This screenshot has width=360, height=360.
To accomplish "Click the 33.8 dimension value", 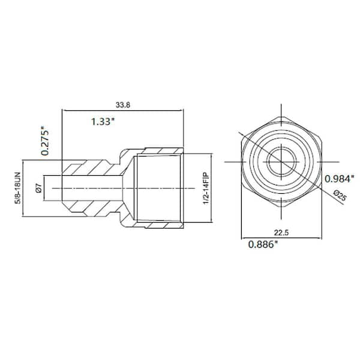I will pyautogui.click(x=122, y=105).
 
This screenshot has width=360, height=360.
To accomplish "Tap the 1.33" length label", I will pyautogui.click(x=104, y=122).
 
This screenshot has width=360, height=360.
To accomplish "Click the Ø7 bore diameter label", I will pyautogui.click(x=37, y=188).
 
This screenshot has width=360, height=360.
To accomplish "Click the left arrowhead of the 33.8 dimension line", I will pyautogui.click(x=64, y=111).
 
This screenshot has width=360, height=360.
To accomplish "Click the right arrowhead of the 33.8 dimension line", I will pyautogui.click(x=181, y=111).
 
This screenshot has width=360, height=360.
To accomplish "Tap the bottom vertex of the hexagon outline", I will pyautogui.click(x=279, y=207).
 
